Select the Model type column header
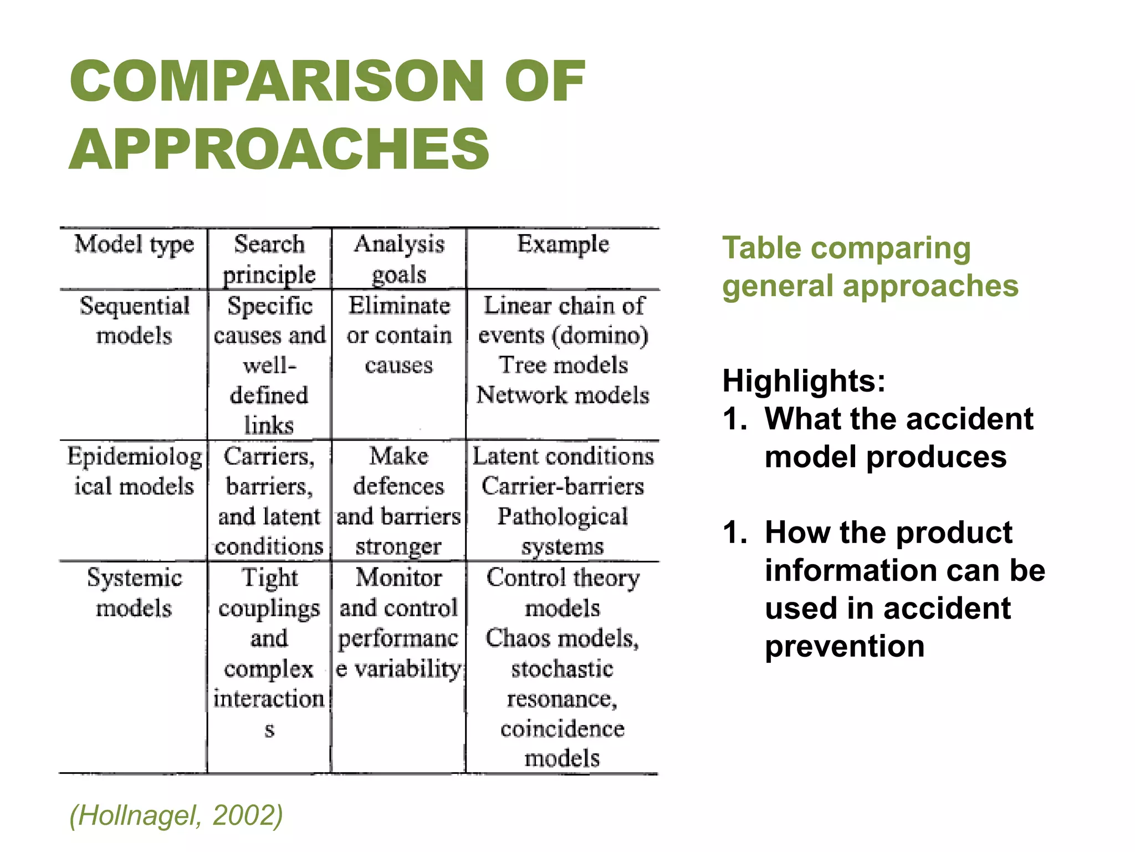point(134,245)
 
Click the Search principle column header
point(269,259)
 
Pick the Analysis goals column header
point(399,259)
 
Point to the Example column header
point(563,245)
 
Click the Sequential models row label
point(134,321)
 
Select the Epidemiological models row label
point(134,471)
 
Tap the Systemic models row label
point(134,593)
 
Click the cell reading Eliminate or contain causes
point(399,335)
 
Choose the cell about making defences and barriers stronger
point(399,501)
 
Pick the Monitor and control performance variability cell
point(399,623)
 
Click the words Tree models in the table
point(564,365)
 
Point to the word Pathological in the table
point(563,516)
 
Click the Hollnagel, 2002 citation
point(176,815)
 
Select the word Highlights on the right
point(804,381)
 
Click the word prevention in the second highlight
point(845,646)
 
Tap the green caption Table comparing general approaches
point(870,267)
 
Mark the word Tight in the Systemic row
point(270,578)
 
